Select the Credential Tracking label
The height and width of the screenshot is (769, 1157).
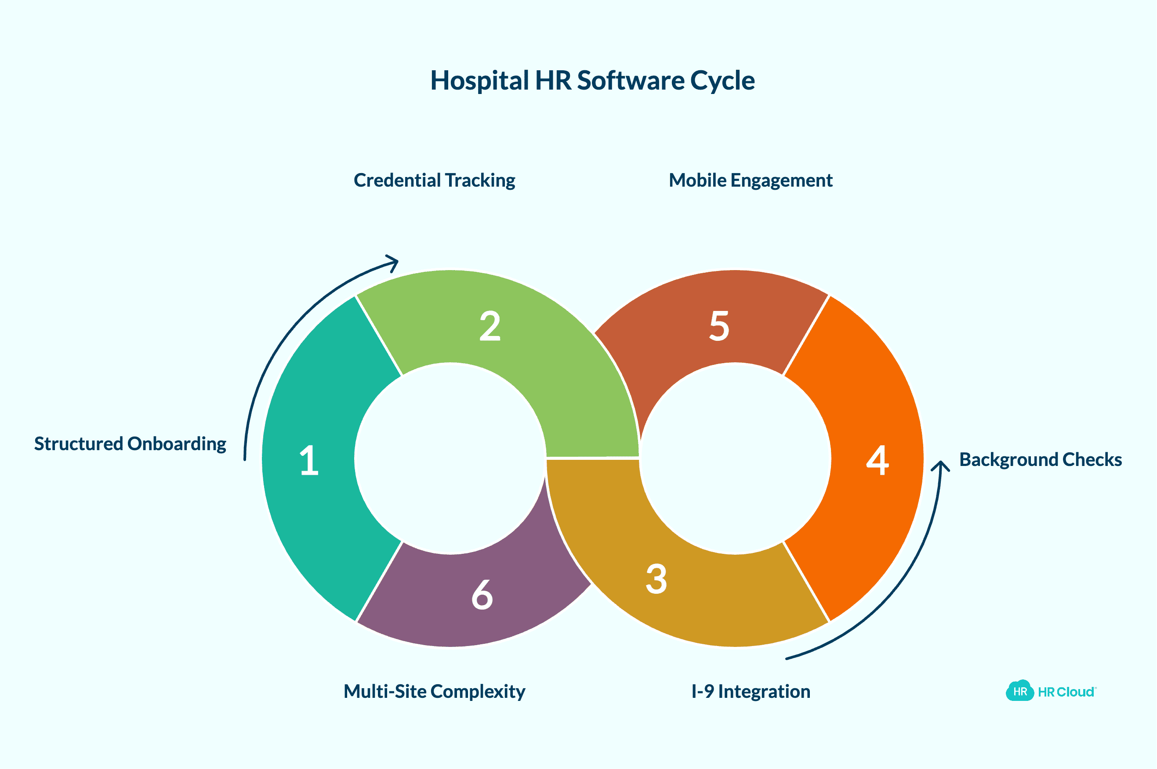(x=434, y=181)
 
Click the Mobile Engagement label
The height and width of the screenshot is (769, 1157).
(x=750, y=181)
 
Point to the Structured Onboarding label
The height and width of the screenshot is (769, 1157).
(x=130, y=444)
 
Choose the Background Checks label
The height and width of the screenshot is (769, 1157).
(x=1040, y=459)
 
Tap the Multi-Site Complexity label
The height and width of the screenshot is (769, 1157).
(x=434, y=692)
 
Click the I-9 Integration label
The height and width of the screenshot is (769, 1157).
(x=751, y=692)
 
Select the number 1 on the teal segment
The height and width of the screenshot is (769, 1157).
(x=309, y=461)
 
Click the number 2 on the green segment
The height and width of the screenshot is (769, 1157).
(x=490, y=326)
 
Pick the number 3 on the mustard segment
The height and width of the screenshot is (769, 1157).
(x=656, y=579)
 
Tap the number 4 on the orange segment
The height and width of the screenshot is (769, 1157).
(x=878, y=461)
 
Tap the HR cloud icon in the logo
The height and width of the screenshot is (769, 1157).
(x=1019, y=691)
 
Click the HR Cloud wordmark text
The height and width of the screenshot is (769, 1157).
(x=1066, y=692)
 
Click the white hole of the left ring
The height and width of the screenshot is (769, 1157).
(x=450, y=459)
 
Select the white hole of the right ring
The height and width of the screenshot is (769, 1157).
(x=735, y=459)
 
